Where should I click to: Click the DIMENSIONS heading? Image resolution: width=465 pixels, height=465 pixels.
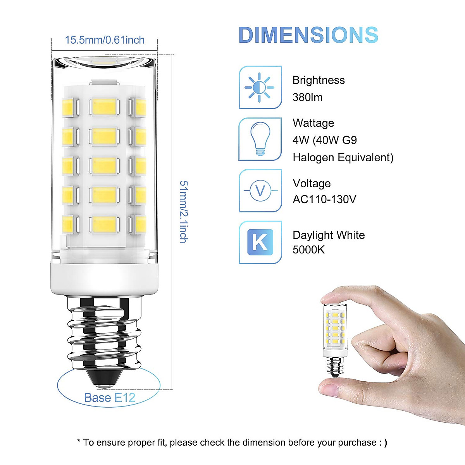click(308, 35)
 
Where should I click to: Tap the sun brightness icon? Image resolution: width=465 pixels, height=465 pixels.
click(260, 88)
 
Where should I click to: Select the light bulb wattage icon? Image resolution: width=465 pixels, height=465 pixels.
click(260, 139)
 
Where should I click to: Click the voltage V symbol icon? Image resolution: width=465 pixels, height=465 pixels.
click(260, 191)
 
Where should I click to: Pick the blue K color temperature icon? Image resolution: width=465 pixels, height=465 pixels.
click(260, 242)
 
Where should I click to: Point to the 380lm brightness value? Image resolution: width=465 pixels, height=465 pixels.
click(307, 97)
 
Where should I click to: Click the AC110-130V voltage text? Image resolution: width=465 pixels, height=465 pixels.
click(324, 199)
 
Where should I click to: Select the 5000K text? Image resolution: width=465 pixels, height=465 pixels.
click(308, 250)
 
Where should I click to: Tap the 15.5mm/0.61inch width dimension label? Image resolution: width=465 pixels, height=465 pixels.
click(105, 40)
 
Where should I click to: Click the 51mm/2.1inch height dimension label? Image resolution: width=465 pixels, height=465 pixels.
click(184, 212)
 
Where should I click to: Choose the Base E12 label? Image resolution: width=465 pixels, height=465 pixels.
click(109, 398)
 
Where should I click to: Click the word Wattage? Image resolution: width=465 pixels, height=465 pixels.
click(313, 123)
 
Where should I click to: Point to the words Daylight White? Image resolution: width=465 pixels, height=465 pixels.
click(329, 235)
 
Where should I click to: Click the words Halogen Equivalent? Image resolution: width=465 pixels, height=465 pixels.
click(343, 158)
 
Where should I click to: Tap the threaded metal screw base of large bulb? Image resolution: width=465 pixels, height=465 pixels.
click(104, 333)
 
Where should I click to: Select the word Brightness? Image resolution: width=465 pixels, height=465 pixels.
click(319, 80)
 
